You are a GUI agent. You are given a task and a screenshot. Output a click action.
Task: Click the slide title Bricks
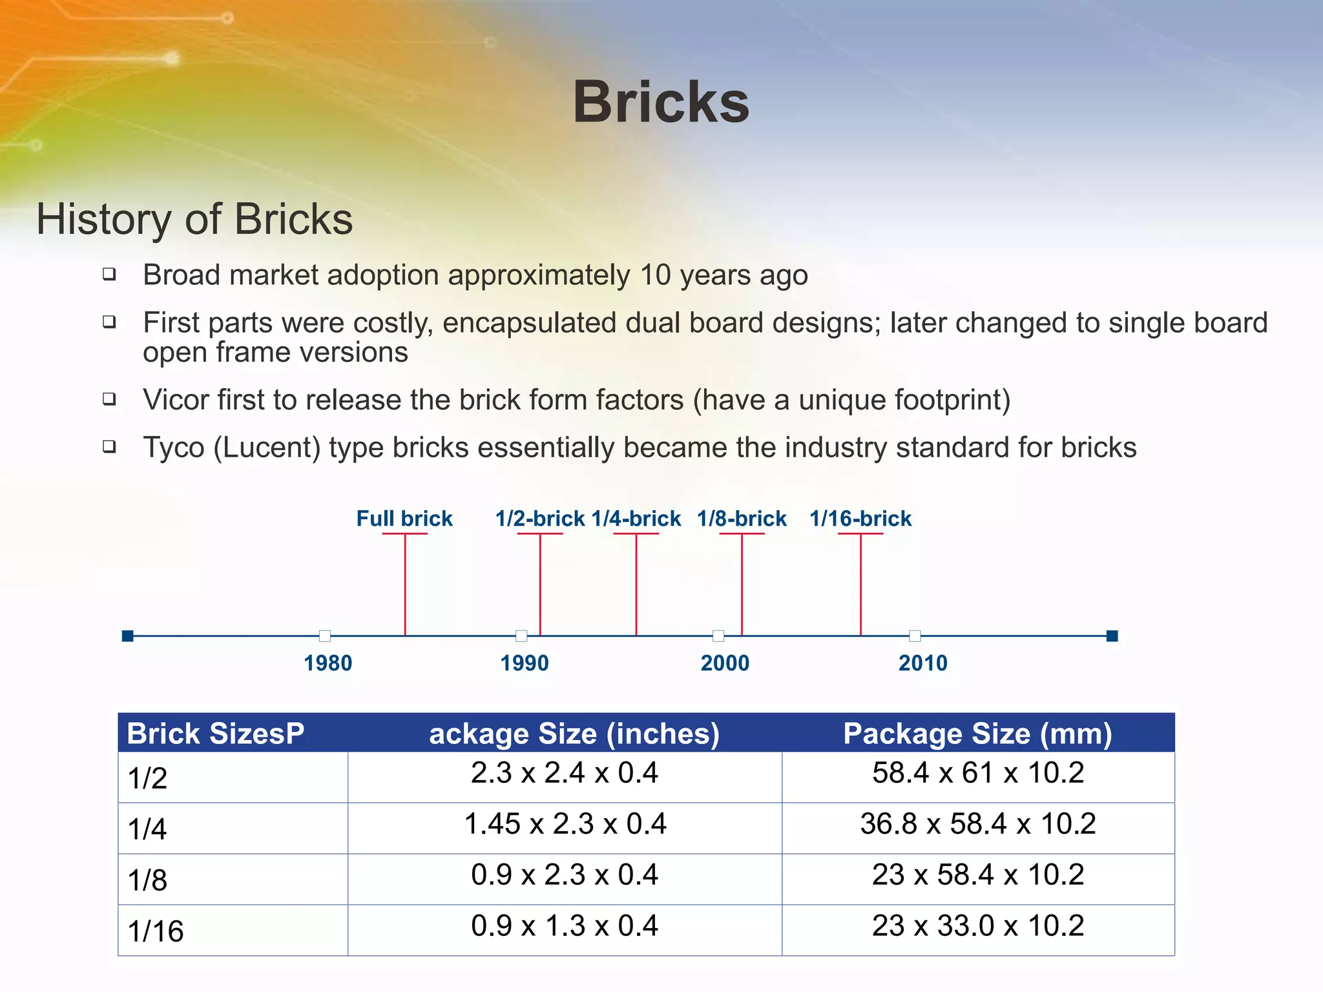point(661,102)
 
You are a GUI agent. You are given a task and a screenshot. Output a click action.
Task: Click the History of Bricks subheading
point(194,219)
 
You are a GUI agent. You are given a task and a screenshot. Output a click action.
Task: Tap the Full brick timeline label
point(404,519)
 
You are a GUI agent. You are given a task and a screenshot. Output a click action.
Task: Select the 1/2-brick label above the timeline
point(540,519)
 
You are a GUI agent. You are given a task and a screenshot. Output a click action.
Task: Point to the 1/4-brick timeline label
point(636,519)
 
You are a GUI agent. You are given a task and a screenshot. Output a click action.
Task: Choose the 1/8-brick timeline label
point(742,519)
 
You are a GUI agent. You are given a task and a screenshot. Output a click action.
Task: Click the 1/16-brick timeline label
point(860,519)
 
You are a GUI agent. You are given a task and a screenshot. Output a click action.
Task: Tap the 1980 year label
point(328,663)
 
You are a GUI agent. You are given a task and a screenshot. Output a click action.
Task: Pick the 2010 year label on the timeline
point(923,663)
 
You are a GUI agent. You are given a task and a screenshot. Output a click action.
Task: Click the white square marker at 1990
point(521,636)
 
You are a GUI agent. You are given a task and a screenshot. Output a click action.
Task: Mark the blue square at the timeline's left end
point(128,636)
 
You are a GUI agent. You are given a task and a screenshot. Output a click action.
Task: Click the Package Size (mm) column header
point(977,734)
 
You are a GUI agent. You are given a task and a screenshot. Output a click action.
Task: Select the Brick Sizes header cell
point(215,734)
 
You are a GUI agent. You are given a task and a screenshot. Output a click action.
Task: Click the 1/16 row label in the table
point(156,931)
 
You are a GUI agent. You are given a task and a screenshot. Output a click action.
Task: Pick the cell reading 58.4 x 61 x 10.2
point(977,773)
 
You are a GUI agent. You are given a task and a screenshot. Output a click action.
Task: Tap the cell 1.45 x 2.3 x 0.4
point(565,824)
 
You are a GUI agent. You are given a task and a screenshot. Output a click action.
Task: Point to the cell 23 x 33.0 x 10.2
point(977,926)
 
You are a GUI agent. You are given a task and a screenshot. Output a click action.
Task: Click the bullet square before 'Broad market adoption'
point(110,274)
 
